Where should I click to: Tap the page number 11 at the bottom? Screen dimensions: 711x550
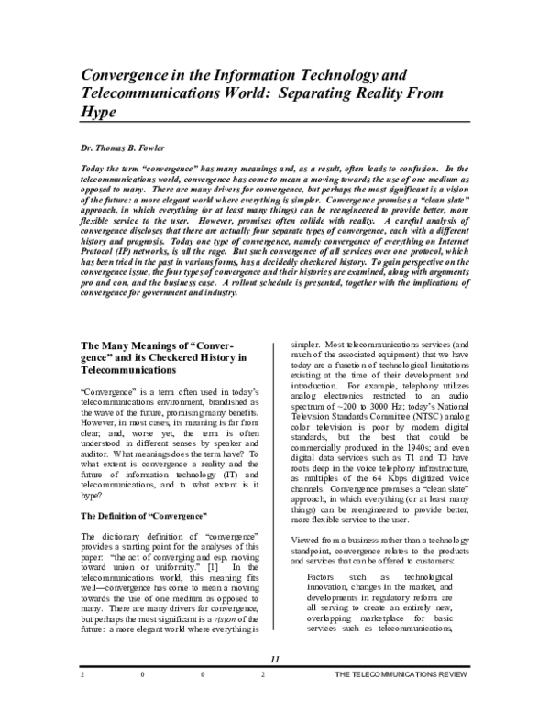(x=274, y=686)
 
